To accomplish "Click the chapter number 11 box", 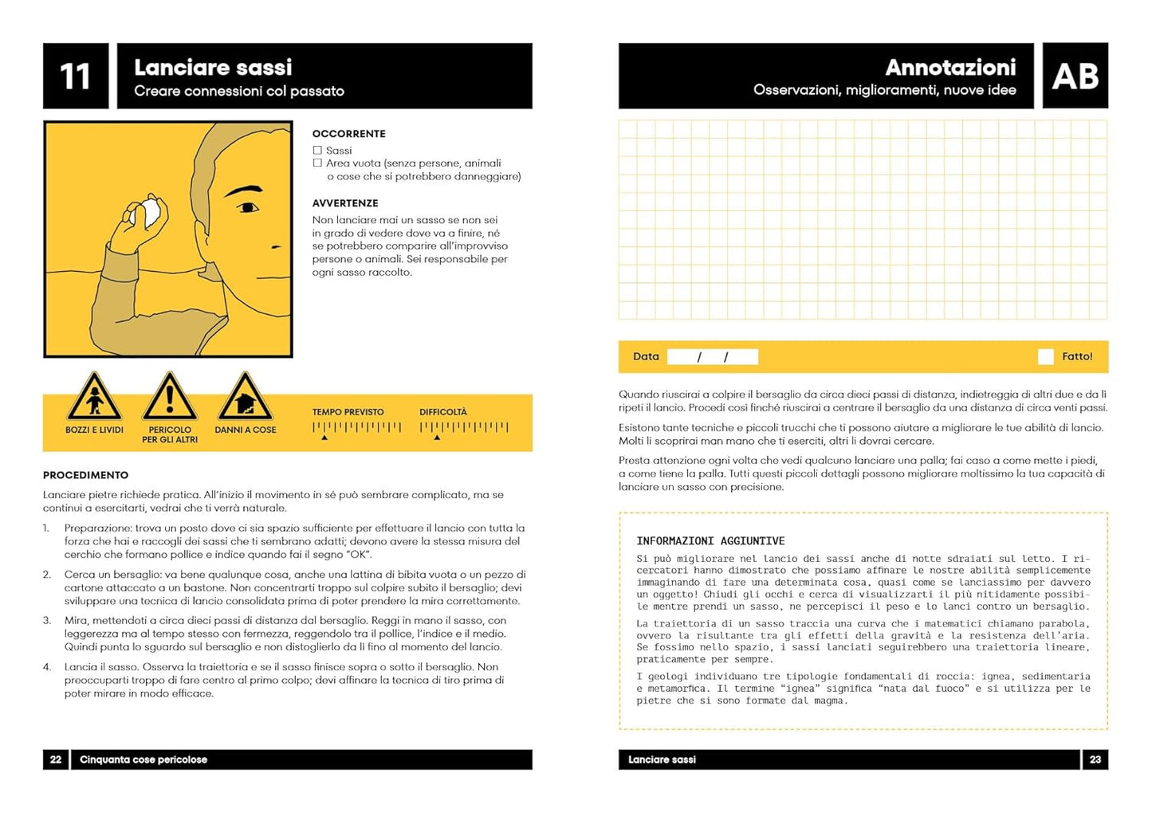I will click(76, 77).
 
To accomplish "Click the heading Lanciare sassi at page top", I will click(213, 68).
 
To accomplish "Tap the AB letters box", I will click(1075, 77).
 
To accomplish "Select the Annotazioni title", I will click(950, 68).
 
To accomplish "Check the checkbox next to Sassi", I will click(317, 150).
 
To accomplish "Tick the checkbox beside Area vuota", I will click(317, 163).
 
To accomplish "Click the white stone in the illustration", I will click(149, 214).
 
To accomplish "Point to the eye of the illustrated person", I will click(248, 208).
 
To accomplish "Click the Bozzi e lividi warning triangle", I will click(94, 398).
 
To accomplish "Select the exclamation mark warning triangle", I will click(169, 398).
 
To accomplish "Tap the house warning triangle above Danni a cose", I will click(245, 398).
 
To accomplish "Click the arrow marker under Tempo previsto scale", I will click(324, 438).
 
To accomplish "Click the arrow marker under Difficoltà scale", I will click(437, 438).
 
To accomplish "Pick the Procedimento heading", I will click(85, 475).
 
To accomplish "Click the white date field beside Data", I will click(712, 357).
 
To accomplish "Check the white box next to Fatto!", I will click(1045, 357).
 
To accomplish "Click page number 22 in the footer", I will click(56, 760).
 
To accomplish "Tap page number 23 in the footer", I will click(1095, 760).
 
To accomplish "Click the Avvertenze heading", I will click(345, 203).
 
